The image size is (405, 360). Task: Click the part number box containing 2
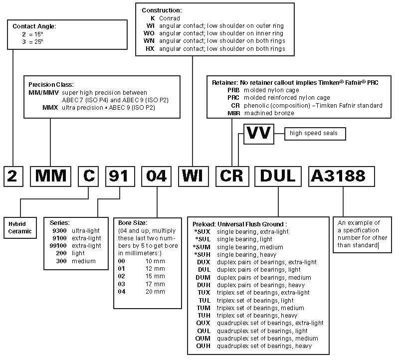tap(12, 176)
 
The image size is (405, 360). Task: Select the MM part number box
tap(51, 176)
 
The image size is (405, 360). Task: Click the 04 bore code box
tap(157, 176)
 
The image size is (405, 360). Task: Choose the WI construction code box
tap(193, 176)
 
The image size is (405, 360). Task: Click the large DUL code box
tap(277, 176)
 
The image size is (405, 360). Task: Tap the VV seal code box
tap(260, 134)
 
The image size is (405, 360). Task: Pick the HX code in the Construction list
tap(150, 49)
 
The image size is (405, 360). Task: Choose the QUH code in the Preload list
tap(203, 346)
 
